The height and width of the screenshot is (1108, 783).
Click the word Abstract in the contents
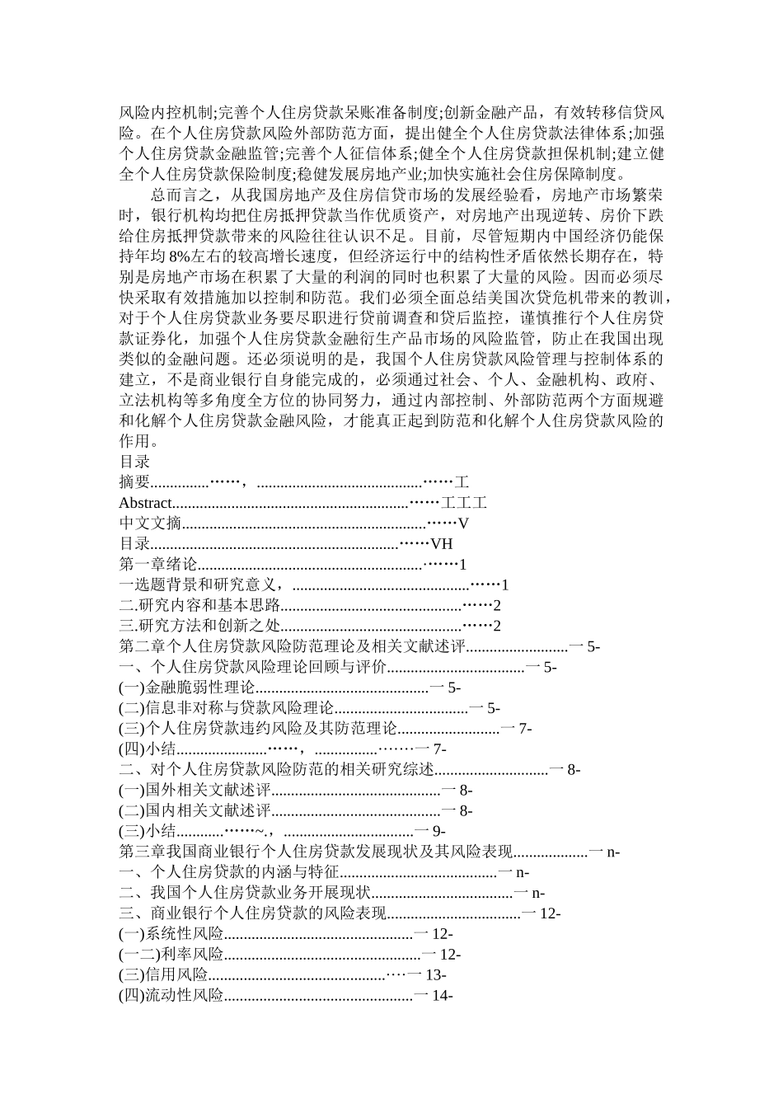coord(146,503)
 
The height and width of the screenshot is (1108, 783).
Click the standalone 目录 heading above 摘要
coord(134,462)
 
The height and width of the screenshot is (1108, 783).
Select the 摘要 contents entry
coord(134,482)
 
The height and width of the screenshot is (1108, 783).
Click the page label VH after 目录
coord(442,544)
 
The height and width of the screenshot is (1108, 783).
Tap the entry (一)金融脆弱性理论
coord(187,688)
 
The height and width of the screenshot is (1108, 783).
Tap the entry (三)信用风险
coord(163,975)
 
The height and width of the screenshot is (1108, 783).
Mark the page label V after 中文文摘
coord(463,523)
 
